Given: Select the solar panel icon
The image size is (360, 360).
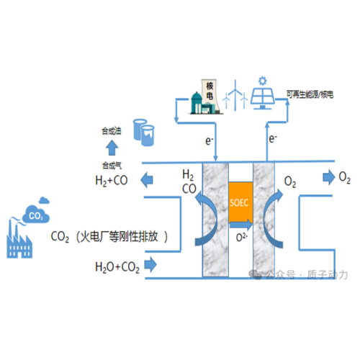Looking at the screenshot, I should (x=263, y=94).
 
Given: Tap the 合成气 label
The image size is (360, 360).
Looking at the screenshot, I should (x=113, y=165).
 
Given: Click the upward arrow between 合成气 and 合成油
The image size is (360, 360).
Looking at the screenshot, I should (x=113, y=148).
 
